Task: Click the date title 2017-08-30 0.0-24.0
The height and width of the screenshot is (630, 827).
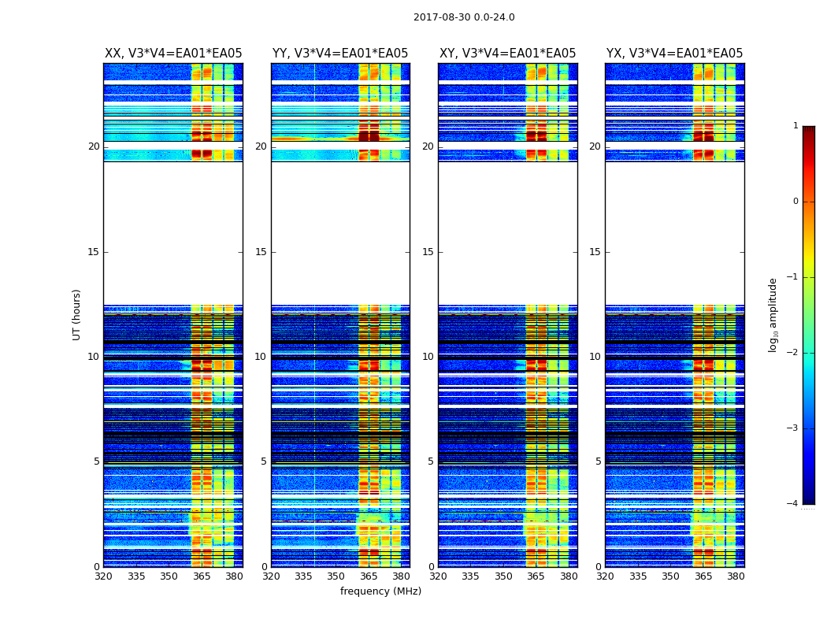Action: (x=464, y=17)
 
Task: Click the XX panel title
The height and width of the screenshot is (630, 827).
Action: (x=173, y=54)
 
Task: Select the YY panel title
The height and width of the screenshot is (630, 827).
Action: (x=340, y=54)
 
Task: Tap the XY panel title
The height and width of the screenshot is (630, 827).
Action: (x=507, y=54)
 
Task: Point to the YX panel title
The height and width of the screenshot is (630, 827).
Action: (x=674, y=54)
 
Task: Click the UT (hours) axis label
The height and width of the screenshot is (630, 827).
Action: (x=77, y=314)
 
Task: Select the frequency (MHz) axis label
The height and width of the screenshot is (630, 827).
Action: (x=380, y=591)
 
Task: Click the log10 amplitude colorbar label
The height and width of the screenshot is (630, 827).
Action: (x=773, y=314)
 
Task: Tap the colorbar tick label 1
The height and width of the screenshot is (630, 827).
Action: (x=795, y=126)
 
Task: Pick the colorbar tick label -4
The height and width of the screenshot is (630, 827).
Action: (x=793, y=504)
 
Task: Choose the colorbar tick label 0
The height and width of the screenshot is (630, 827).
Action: (x=795, y=202)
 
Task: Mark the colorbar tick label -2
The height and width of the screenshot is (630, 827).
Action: (x=793, y=353)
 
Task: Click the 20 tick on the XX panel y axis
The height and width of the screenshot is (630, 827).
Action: (x=94, y=146)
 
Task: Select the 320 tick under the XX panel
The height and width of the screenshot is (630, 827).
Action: (x=103, y=576)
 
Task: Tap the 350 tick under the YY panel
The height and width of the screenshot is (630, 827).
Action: (x=336, y=576)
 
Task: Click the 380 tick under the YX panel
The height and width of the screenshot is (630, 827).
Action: (x=736, y=576)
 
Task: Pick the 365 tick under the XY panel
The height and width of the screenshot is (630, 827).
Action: (x=536, y=576)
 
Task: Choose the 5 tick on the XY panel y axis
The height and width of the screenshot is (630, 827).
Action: (x=431, y=461)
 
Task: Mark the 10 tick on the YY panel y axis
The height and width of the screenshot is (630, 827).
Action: (x=261, y=357)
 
